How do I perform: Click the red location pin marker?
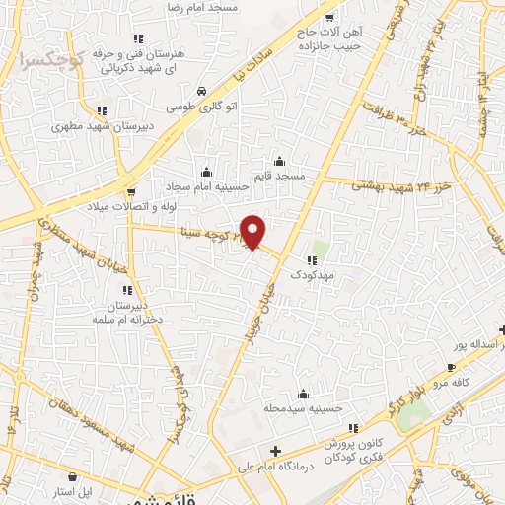253,232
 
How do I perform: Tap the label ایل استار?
71,490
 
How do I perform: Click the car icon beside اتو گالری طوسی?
202,89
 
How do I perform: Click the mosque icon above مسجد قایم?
279,161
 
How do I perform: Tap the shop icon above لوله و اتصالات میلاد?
131,190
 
